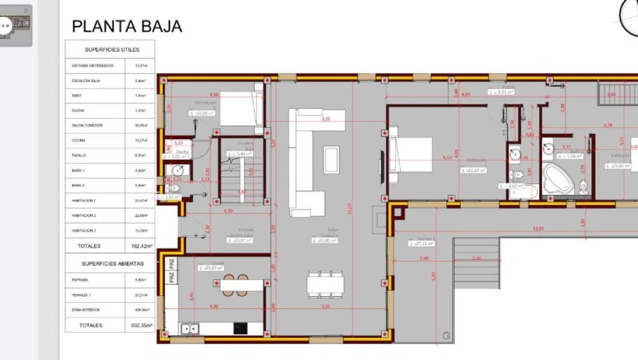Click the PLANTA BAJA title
[126, 26]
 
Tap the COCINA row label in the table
[79, 140]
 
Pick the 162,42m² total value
[141, 246]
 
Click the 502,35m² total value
[141, 325]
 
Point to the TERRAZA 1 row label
[80, 295]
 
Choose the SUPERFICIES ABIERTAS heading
[112, 264]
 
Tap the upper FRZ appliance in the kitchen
[171, 263]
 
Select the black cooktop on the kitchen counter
[241, 328]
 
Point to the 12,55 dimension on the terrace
[538, 229]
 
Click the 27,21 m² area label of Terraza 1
[422, 244]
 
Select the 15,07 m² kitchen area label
[211, 268]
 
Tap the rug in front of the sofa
[332, 159]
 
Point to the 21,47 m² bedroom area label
[475, 170]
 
